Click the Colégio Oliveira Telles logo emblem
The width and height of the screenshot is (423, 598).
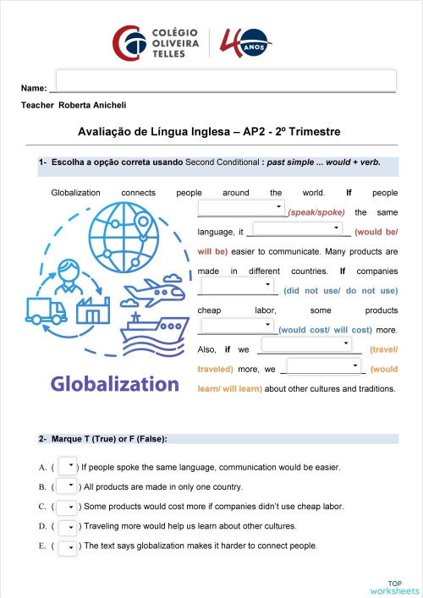(129, 42)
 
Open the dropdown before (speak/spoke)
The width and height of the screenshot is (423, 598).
(242, 207)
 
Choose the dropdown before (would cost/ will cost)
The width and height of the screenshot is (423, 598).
(237, 325)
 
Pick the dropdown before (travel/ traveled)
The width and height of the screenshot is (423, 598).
(306, 344)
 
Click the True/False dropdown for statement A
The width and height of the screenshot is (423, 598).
(67, 464)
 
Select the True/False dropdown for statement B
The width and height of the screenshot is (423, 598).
(67, 486)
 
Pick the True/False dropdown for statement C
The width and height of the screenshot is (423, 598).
(67, 506)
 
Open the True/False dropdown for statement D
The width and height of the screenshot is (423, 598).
(67, 526)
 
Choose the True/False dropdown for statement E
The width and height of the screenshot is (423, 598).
(67, 546)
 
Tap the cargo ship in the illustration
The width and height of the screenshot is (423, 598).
(153, 327)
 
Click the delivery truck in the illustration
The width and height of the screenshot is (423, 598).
(47, 311)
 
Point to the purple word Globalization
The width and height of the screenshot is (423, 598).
(115, 383)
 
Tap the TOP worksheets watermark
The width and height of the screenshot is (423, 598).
(394, 586)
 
